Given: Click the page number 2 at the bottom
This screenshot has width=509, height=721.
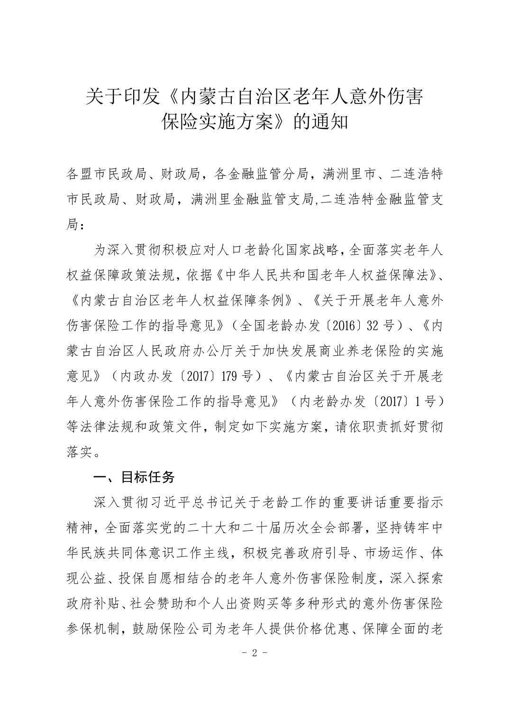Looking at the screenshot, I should [x=255, y=653].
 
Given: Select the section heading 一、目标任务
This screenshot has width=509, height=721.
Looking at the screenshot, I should [x=134, y=477].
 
